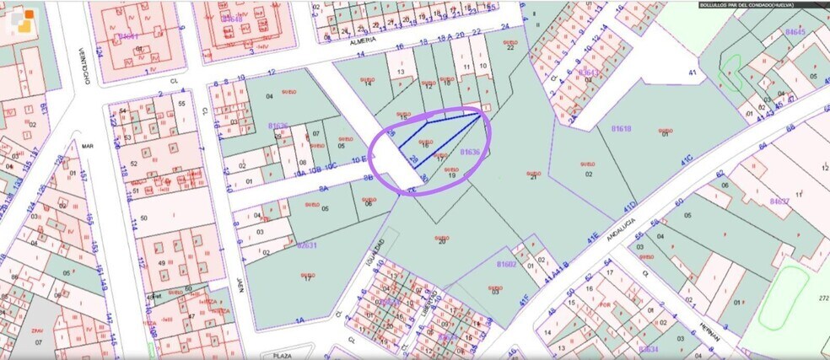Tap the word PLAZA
(x=283, y=356)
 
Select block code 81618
(x=621, y=128)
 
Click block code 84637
(x=779, y=201)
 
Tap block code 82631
(x=306, y=245)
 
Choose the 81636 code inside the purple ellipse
(x=471, y=152)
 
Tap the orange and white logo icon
(x=23, y=21)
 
